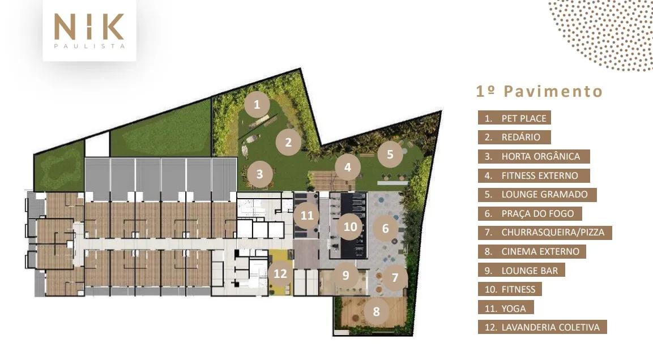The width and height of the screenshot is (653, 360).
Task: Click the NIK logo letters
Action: (89, 27)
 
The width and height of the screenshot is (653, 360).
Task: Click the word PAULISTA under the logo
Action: (89, 46)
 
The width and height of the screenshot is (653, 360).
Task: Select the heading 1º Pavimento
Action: (540, 91)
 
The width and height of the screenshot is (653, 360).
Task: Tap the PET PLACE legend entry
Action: (514, 118)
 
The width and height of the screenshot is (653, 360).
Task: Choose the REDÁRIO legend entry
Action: (514, 137)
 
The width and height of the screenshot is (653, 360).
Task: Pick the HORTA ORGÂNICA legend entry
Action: (534, 156)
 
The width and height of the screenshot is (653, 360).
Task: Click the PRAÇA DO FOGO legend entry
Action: (530, 213)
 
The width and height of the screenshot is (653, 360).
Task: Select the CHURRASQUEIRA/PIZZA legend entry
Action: (545, 232)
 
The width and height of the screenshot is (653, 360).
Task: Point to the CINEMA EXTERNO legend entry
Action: (532, 251)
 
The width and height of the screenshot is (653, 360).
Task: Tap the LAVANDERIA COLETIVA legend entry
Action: (542, 327)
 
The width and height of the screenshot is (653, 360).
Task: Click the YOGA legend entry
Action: (506, 308)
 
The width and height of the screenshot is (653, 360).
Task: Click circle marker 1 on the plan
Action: (257, 104)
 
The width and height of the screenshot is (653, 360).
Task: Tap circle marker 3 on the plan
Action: (259, 174)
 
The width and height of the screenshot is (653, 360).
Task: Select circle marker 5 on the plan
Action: (390, 155)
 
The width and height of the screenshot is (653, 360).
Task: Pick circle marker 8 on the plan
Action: (377, 311)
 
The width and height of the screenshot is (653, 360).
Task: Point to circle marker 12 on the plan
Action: (280, 273)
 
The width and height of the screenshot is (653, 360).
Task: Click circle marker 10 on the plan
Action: (350, 226)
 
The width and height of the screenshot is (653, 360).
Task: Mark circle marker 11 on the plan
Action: (307, 215)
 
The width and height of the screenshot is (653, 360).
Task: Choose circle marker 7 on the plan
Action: (395, 277)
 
